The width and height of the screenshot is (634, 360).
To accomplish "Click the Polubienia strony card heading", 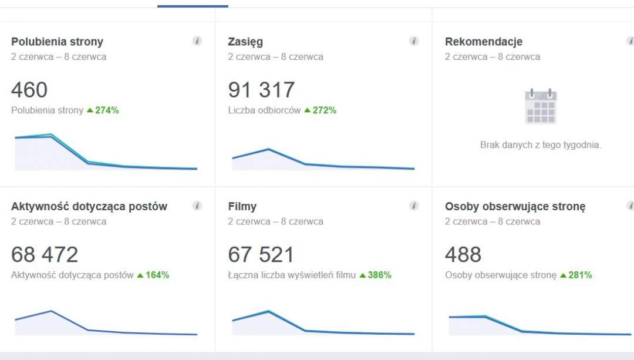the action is [x=57, y=42].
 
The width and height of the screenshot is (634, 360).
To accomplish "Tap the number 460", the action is [x=29, y=89].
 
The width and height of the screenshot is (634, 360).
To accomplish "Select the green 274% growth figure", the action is [x=107, y=110].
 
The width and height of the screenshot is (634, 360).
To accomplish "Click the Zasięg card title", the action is [x=245, y=42].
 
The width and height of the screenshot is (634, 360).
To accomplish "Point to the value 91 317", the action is [x=261, y=89].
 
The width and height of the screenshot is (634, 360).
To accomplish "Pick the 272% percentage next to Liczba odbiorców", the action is [x=324, y=110].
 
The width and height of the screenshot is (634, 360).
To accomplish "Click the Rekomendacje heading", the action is [x=484, y=42].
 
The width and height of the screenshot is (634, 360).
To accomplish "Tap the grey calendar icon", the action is [x=541, y=106].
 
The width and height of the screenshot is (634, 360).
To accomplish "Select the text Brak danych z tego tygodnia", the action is [x=541, y=145].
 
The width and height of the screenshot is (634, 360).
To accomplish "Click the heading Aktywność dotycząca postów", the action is [x=89, y=206].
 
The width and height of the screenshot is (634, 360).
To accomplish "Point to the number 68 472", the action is [x=45, y=254].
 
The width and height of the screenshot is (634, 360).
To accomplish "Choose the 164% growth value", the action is [x=157, y=275].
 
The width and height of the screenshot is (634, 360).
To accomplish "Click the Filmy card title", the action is [x=242, y=206].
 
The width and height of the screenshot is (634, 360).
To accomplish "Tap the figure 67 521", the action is [x=261, y=254].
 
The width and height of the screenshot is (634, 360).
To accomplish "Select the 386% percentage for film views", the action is [x=379, y=275].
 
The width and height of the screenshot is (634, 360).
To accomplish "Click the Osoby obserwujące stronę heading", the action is [x=515, y=206].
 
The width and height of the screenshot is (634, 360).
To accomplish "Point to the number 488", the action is [x=463, y=254].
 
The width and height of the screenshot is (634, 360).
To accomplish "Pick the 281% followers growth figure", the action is [x=580, y=275].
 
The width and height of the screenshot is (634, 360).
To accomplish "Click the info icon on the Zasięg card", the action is [x=414, y=41].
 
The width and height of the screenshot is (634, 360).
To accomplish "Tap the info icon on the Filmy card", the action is [x=414, y=206].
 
